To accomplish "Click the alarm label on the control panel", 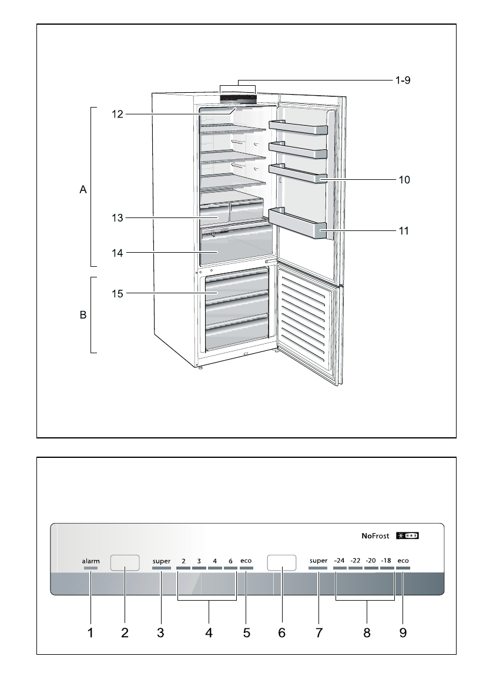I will pyautogui.click(x=90, y=561).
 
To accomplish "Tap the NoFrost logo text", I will pyautogui.click(x=376, y=536).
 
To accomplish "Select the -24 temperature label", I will pyautogui.click(x=340, y=561).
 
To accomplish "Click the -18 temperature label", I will pyautogui.click(x=386, y=561).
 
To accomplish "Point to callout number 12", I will pyautogui.click(x=118, y=115).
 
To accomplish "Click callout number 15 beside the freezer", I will pyautogui.click(x=118, y=293).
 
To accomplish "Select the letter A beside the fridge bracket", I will pyautogui.click(x=83, y=190).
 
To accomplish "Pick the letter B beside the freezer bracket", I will pyautogui.click(x=83, y=316).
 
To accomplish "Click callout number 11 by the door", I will pyautogui.click(x=402, y=231).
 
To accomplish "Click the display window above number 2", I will pyautogui.click(x=125, y=562).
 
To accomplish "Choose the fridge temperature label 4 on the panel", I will pyautogui.click(x=214, y=561).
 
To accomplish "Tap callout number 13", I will pyautogui.click(x=118, y=218).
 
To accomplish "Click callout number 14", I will pyautogui.click(x=118, y=253).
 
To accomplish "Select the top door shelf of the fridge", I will pyautogui.click(x=299, y=128).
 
